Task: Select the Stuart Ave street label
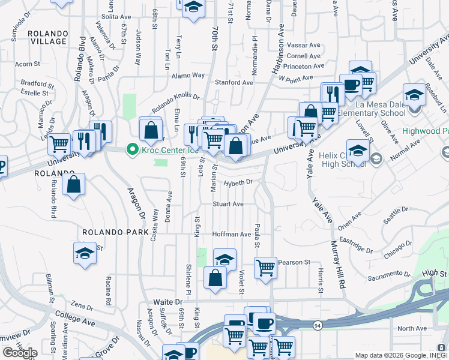click(228, 204)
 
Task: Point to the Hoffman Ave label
click(232, 234)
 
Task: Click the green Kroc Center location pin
click(130, 149)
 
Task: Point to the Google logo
click(20, 352)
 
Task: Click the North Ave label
click(412, 328)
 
